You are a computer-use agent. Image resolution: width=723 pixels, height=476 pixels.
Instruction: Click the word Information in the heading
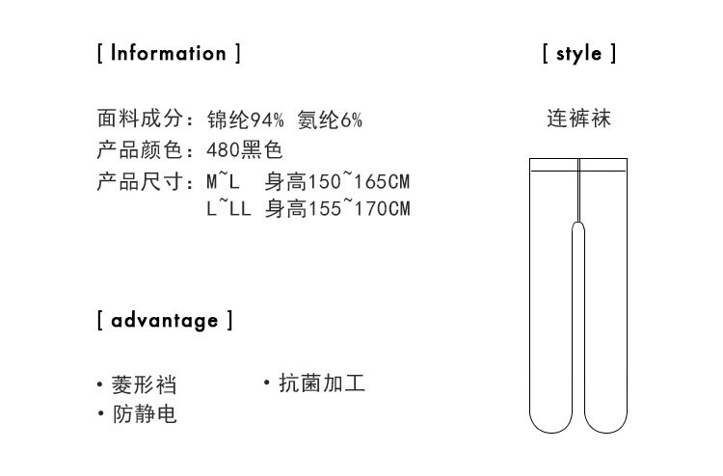click(168, 53)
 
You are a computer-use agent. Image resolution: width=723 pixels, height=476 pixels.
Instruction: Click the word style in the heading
click(578, 54)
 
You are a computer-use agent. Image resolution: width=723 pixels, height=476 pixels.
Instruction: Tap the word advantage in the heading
click(165, 320)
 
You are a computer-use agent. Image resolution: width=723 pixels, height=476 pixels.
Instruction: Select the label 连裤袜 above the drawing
click(578, 119)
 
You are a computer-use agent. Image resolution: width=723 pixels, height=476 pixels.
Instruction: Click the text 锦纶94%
click(246, 119)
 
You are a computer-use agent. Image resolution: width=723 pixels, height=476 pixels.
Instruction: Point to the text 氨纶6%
click(330, 119)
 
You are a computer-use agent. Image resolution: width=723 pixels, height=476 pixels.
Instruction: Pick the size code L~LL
click(229, 208)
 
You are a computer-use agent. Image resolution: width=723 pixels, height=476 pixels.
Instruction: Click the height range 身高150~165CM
click(337, 181)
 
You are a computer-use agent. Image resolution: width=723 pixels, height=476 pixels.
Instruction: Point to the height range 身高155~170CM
click(337, 208)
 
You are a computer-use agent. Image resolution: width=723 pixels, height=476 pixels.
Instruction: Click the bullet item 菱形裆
click(144, 384)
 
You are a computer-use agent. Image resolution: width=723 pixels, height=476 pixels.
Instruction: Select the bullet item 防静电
click(144, 414)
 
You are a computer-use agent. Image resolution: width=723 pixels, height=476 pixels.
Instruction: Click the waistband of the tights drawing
click(578, 165)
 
